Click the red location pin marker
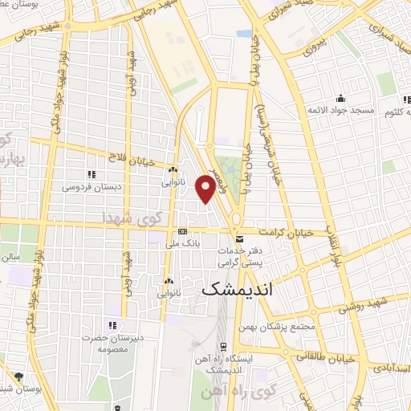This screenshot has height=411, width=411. pos(206,189)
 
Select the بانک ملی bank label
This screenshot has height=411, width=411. pos(181,242)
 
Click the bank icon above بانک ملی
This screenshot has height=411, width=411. pos(182,231)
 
